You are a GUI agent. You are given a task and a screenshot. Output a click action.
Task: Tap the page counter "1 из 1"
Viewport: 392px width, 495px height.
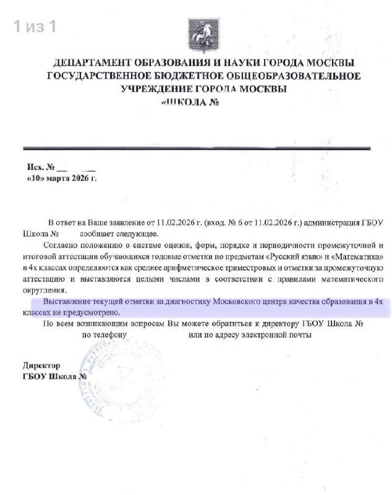pos(35,27)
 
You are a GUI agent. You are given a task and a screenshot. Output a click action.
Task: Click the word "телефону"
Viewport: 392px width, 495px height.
pos(104,335)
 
